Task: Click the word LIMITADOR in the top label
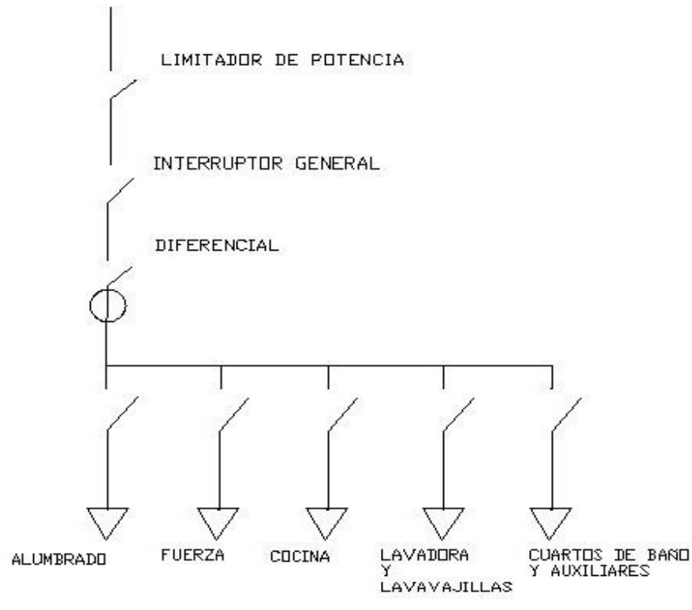pos(199,60)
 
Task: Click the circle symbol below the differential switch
pos(108,307)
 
